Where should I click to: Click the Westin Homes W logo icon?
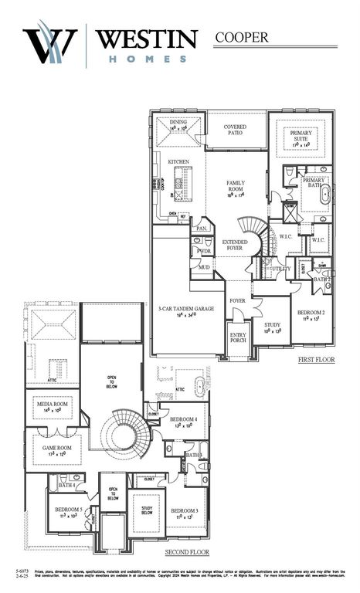click(x=50, y=45)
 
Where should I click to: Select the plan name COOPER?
click(x=241, y=37)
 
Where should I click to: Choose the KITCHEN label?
click(x=178, y=161)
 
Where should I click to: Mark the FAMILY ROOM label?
click(x=236, y=186)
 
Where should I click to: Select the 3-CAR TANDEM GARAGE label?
click(x=186, y=308)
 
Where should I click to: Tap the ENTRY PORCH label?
click(x=238, y=338)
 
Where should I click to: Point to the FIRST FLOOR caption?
click(x=317, y=360)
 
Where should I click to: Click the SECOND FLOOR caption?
click(x=188, y=553)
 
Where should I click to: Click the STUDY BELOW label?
click(x=147, y=510)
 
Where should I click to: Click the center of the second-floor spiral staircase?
click(x=124, y=435)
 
